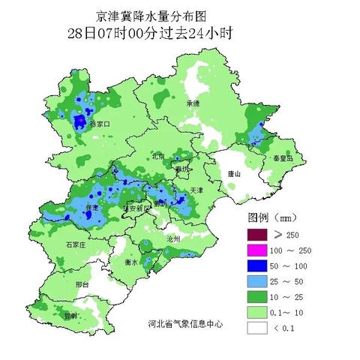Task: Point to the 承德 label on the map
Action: pyautogui.click(x=193, y=103)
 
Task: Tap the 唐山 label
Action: pyautogui.click(x=234, y=173)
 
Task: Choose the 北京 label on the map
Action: pyautogui.click(x=158, y=157)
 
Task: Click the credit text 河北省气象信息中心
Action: pyautogui.click(x=186, y=325)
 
